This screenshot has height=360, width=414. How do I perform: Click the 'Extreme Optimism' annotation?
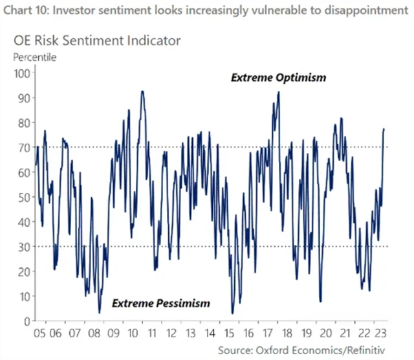[x=279, y=78]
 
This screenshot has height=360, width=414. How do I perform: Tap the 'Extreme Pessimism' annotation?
[x=162, y=303]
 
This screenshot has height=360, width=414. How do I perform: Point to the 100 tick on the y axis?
[x=22, y=73]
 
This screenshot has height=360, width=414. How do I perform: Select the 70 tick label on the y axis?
[x=25, y=148]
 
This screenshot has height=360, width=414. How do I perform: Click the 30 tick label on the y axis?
[x=25, y=247]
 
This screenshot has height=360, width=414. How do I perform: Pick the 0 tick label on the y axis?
[x=27, y=321]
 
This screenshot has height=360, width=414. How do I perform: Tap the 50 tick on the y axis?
[x=25, y=197]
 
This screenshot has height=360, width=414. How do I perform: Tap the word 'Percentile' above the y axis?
[x=35, y=56]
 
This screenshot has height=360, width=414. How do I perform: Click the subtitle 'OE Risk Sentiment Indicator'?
[x=97, y=40]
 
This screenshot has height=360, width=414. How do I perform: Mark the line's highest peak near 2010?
[x=142, y=91]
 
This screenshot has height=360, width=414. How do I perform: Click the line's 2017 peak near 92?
[x=279, y=92]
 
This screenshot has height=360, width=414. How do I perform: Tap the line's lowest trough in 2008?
[x=100, y=313]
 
